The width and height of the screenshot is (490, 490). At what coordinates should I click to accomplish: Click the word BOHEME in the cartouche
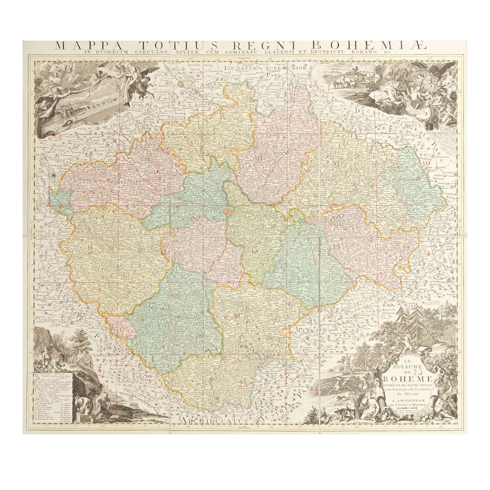point(408,378)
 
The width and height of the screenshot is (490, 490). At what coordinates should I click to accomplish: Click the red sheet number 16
point(81,314)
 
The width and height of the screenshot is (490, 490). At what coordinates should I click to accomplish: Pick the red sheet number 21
point(102,373)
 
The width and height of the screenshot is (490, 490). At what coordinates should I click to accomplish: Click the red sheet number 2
point(155,79)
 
